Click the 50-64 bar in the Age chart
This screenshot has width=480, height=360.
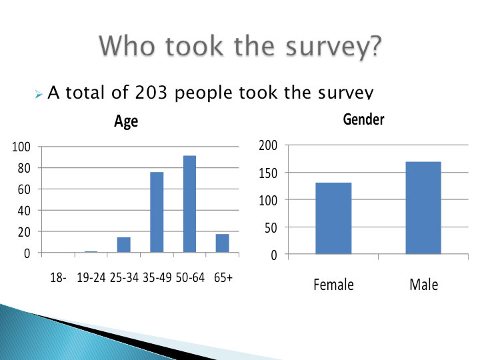(189, 204)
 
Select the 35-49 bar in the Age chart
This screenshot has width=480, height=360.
(157, 212)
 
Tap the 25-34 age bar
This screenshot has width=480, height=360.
(124, 245)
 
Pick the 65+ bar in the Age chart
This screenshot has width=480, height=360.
(222, 243)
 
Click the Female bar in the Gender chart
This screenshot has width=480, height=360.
(333, 218)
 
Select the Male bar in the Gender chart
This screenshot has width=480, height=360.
(423, 208)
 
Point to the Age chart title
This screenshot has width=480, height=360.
(126, 121)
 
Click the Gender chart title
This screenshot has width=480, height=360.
(363, 119)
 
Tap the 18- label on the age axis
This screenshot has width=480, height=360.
(58, 277)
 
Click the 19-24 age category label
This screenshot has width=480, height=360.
(91, 277)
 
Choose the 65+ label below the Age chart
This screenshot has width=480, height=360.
(223, 277)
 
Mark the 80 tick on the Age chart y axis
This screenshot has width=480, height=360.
(24, 168)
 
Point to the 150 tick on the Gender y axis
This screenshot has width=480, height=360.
(268, 173)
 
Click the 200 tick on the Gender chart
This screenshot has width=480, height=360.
(268, 145)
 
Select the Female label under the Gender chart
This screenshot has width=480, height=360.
(333, 285)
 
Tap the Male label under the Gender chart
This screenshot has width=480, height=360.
(424, 285)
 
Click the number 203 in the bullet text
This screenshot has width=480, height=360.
(151, 93)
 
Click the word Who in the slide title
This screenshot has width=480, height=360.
(127, 46)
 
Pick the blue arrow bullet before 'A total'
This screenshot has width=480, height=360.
(38, 94)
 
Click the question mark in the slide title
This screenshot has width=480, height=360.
(373, 46)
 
